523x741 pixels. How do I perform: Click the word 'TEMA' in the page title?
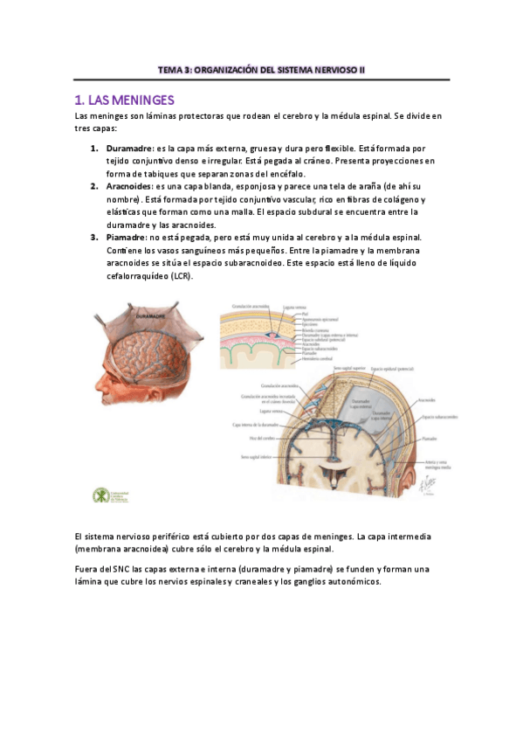coord(169,69)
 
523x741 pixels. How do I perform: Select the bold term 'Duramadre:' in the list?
coord(129,149)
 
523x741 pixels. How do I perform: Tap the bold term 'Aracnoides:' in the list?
coord(129,187)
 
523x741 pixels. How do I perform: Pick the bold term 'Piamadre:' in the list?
coord(127,238)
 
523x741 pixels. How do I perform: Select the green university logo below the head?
coord(101,495)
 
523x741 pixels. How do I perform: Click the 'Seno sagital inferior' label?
coord(251,456)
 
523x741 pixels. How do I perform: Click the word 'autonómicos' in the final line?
coord(348,582)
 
